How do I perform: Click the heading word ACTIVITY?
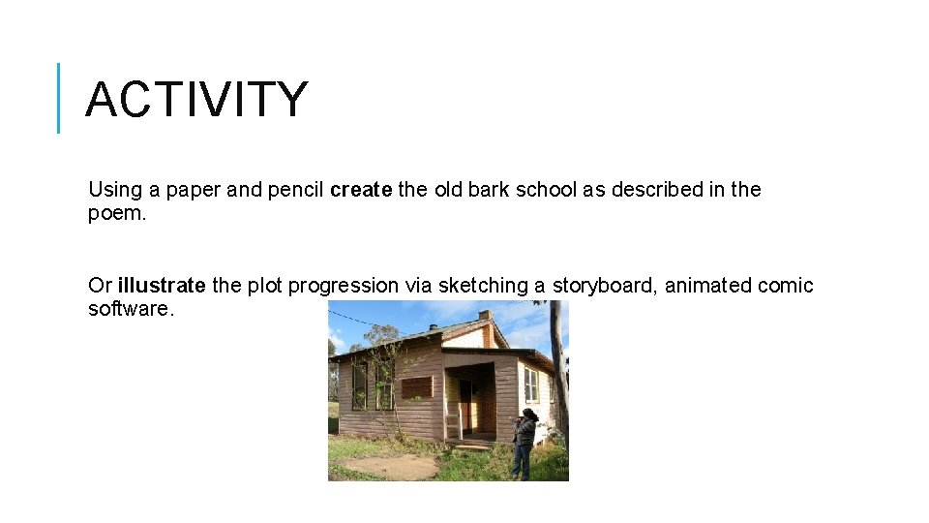click(196, 100)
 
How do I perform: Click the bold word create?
click(361, 190)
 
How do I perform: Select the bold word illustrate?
click(162, 286)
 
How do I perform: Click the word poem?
click(116, 213)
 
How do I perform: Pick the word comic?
click(785, 286)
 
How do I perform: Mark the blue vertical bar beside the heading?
click(59, 98)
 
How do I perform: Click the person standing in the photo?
click(524, 442)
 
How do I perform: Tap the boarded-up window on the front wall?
click(416, 387)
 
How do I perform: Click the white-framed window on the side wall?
click(530, 385)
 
